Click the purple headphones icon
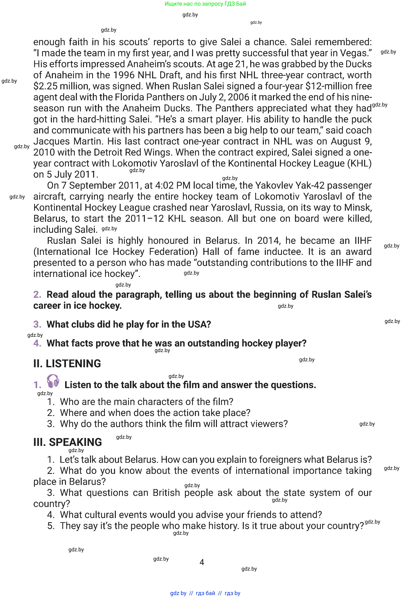pyautogui.click(x=53, y=381)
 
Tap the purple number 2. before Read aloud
pyautogui.click(x=37, y=295)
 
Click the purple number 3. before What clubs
pyautogui.click(x=37, y=324)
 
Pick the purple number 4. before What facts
pyautogui.click(x=37, y=343)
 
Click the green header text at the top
pyautogui.click(x=205, y=4)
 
